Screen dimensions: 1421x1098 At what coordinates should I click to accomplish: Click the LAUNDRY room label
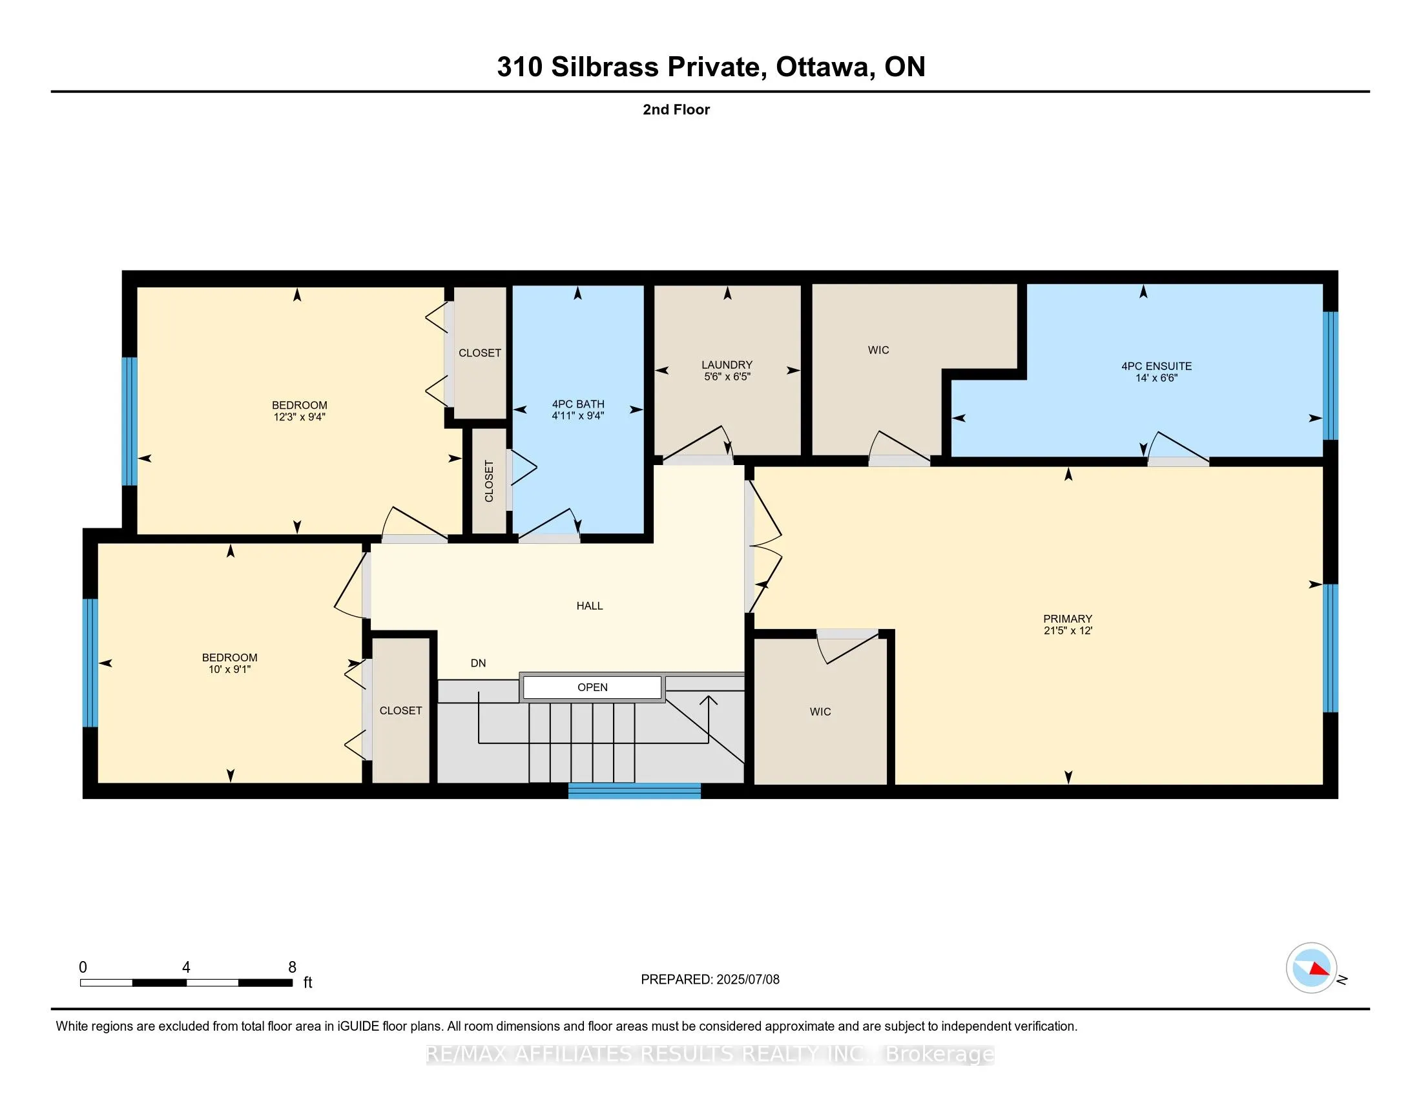point(727,365)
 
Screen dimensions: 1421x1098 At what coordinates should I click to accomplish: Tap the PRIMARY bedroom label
point(1068,619)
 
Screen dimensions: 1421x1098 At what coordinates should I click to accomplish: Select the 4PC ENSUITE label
point(1156,366)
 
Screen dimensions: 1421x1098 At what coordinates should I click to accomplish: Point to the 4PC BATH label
point(578,404)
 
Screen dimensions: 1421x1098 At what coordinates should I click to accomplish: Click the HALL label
point(590,606)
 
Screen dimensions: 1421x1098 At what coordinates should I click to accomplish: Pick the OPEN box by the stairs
point(592,688)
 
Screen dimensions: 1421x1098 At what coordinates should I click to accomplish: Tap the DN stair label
point(478,663)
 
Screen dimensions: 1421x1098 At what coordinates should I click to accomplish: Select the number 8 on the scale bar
point(292,968)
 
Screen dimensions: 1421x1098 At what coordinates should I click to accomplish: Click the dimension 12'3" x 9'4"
point(299,417)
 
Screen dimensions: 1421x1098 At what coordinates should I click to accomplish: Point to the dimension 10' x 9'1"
point(230,668)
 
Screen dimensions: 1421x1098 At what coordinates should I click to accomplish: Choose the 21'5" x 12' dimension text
point(1068,630)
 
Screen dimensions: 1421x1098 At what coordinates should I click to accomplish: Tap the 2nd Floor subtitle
point(676,109)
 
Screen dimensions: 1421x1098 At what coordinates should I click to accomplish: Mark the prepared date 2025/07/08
point(747,980)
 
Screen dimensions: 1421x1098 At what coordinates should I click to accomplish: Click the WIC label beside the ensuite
point(878,350)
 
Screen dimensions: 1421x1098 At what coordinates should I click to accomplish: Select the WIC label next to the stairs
point(820,712)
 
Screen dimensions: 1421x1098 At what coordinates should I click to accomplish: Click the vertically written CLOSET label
point(490,481)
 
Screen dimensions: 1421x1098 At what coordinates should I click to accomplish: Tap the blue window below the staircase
point(634,791)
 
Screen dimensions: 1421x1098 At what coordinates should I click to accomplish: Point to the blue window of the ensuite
point(1331,375)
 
